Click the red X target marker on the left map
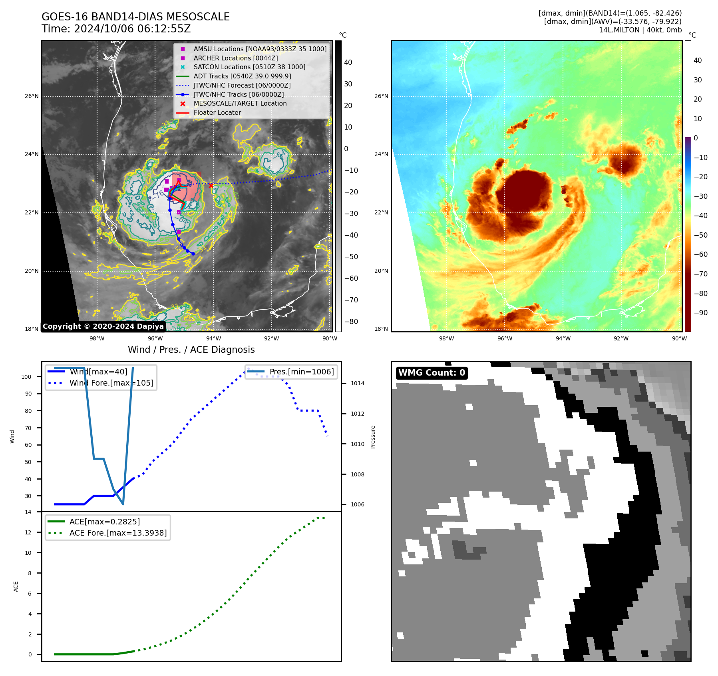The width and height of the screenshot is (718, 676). point(211,186)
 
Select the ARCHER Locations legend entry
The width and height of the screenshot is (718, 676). point(235,58)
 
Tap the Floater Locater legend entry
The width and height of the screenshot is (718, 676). point(217,113)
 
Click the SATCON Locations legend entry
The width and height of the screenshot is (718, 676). point(249,67)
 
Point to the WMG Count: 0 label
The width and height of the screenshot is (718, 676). point(432,373)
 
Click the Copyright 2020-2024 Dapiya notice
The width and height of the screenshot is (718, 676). point(103,326)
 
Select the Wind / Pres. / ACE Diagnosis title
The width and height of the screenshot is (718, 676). point(191,350)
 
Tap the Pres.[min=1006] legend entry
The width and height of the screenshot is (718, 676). point(301,372)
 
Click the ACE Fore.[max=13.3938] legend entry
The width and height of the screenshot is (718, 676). point(118,533)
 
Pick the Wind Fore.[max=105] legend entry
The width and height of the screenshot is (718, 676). point(111,383)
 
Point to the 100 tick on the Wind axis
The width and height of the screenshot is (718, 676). point(26,377)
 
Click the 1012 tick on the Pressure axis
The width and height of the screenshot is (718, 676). point(358,414)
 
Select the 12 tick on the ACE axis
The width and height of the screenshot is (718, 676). point(28,532)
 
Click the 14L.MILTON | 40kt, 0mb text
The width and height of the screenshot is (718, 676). point(640,30)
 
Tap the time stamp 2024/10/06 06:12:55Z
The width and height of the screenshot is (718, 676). point(132,29)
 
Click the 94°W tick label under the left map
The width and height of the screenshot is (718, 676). point(213,338)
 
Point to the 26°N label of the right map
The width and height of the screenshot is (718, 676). point(381,96)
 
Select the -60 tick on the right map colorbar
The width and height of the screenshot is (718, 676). point(700,254)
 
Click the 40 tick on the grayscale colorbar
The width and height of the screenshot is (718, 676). point(348,62)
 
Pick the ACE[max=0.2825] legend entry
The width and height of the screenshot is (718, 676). point(104,522)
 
